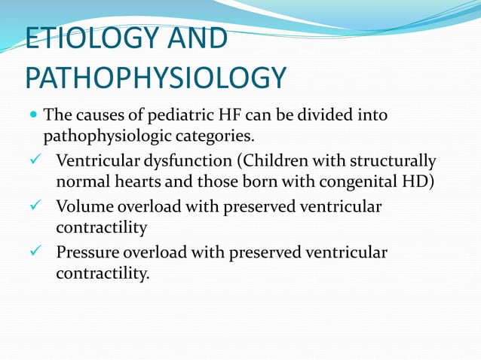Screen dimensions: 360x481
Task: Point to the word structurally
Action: coord(398,161)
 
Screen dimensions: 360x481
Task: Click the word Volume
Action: coord(82,206)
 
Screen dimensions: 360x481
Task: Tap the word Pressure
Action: coord(87,252)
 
